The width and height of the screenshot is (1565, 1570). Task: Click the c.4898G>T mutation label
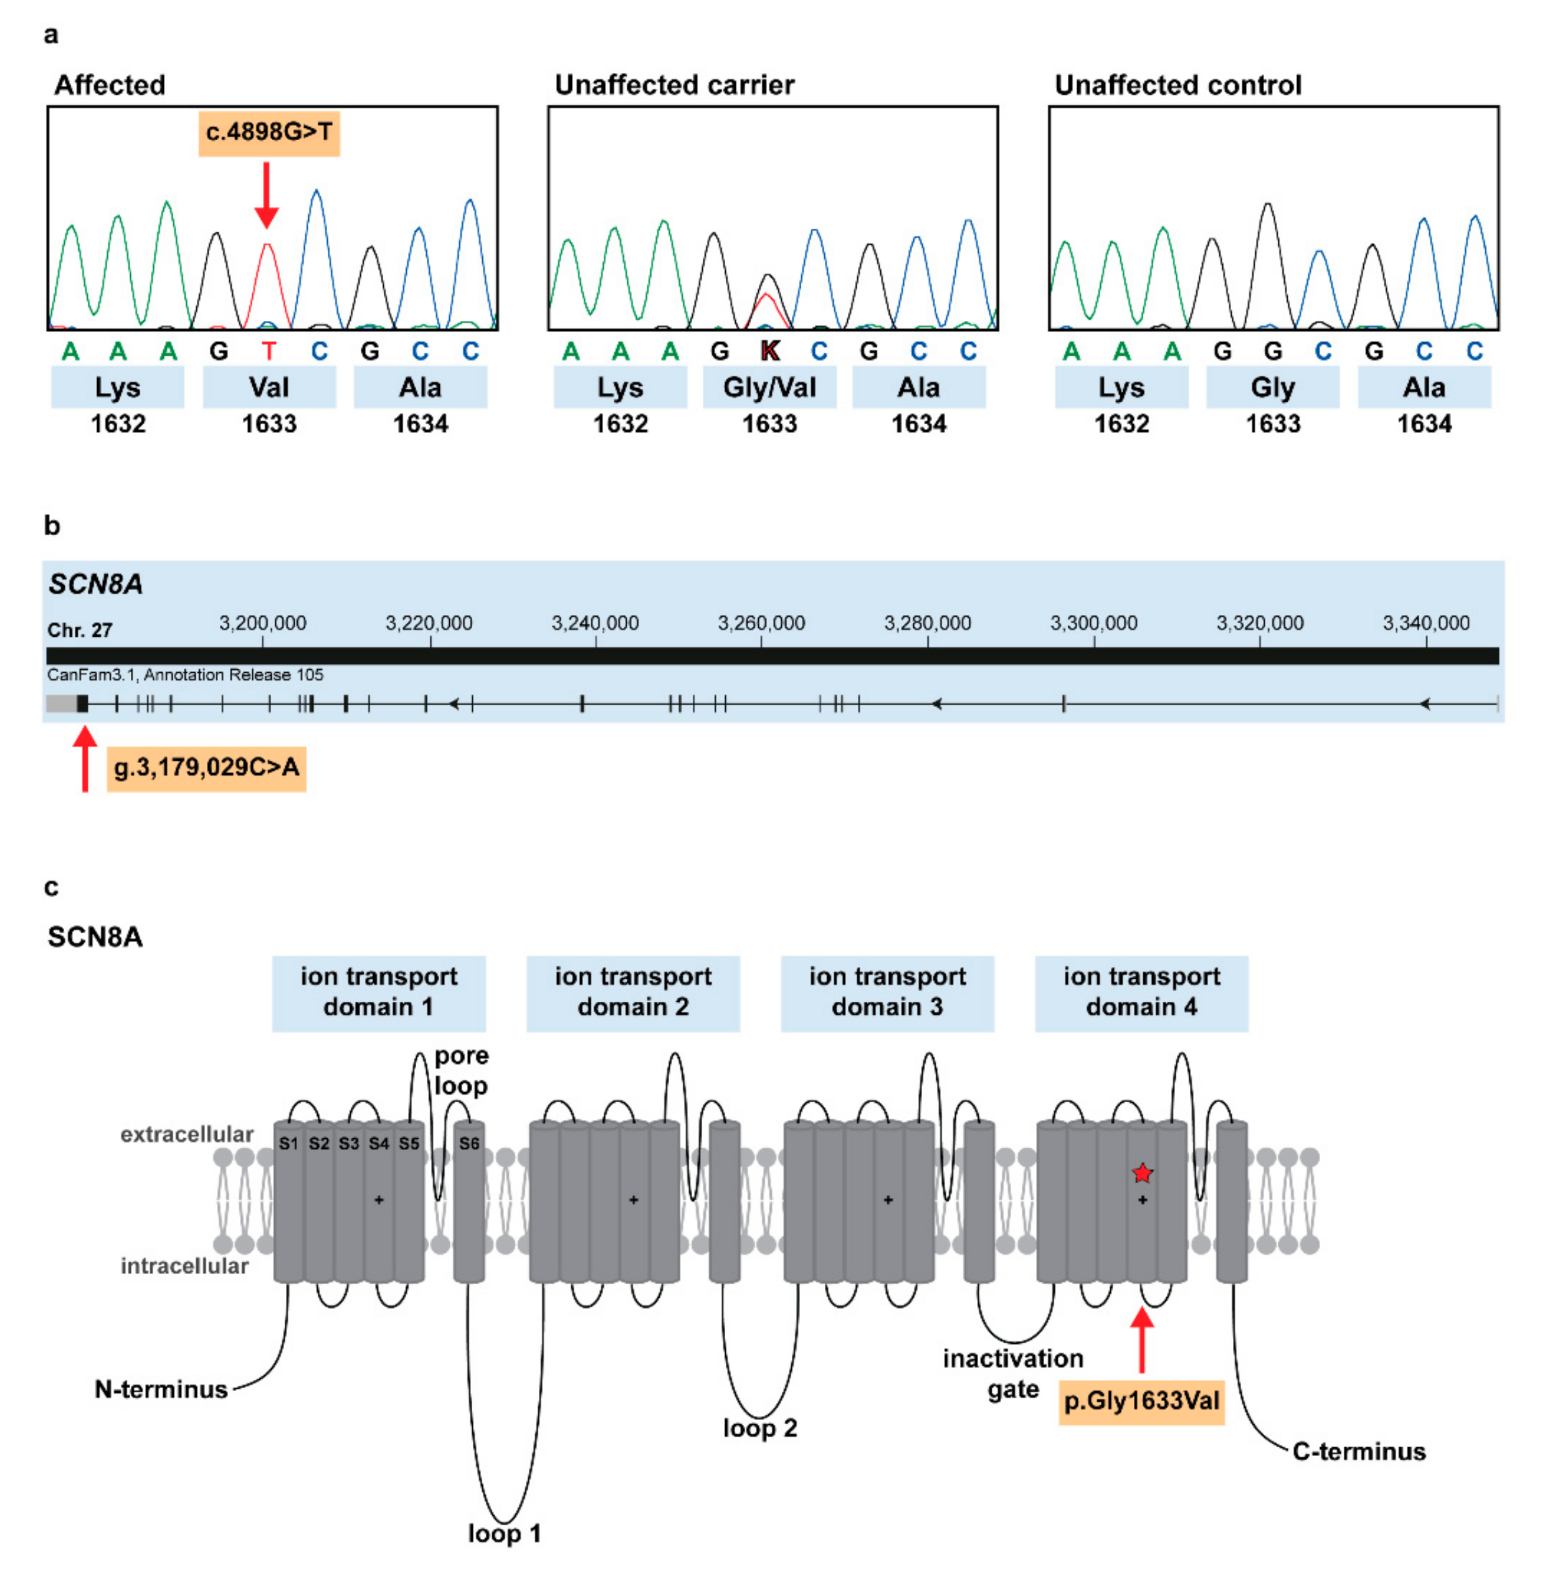click(x=269, y=133)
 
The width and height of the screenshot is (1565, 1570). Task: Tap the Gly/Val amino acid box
click(x=769, y=388)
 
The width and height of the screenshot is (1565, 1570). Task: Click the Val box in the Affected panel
click(x=269, y=388)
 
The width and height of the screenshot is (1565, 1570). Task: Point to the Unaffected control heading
click(x=1177, y=85)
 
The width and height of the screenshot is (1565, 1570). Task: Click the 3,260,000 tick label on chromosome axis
click(x=761, y=623)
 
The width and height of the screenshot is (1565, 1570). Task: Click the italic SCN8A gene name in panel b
click(x=95, y=584)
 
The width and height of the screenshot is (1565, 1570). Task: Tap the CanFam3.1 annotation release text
click(x=185, y=675)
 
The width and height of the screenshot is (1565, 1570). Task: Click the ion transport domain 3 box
click(x=887, y=992)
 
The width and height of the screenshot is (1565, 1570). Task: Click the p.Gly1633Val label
click(x=1141, y=1401)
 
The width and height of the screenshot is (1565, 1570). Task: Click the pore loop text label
click(x=461, y=1070)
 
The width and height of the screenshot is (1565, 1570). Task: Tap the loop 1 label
click(x=504, y=1533)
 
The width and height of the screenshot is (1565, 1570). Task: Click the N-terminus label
click(x=161, y=1389)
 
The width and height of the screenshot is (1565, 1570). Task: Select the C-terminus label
click(x=1359, y=1452)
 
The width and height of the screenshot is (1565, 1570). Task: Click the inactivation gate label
click(x=1012, y=1373)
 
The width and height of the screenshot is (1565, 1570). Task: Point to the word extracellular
click(x=187, y=1135)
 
